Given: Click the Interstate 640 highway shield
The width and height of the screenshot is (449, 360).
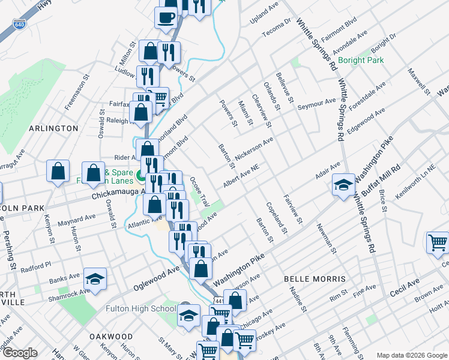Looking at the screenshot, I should pos(19,25).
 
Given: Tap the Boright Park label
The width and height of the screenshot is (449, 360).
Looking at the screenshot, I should pos(360,60).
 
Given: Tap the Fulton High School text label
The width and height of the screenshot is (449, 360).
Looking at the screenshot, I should pos(140,309).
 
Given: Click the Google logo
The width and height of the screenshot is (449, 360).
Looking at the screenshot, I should pos(19,353).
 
